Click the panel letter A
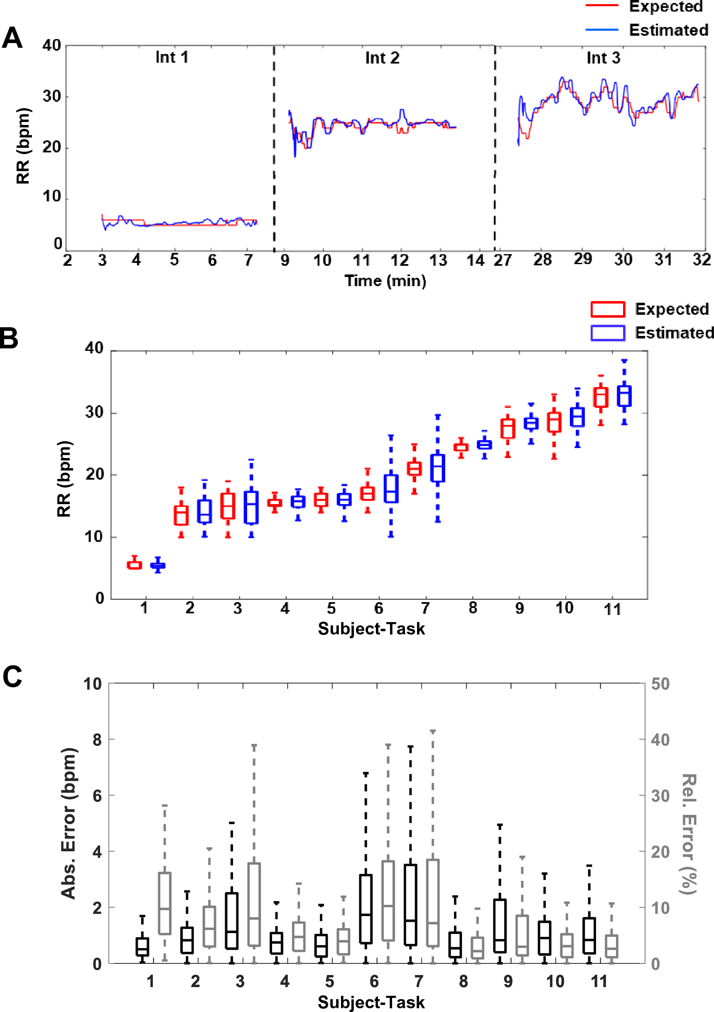12,38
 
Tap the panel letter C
12,676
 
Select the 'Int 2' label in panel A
382,58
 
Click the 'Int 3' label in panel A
603,58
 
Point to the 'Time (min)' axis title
385,281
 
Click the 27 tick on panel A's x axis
502,260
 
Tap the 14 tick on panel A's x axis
475,260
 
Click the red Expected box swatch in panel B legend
607,309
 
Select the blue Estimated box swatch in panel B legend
607,333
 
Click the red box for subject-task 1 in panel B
135,565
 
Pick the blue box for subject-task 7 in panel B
437,468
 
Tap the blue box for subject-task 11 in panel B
623,396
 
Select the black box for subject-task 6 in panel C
366,909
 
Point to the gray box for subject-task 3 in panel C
254,904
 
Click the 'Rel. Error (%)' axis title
688,834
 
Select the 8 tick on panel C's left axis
98,740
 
